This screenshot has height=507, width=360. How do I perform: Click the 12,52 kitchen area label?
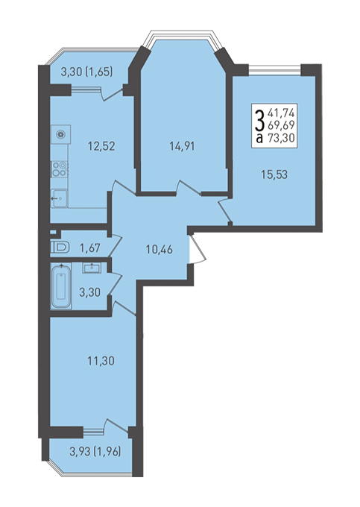coord(101,146)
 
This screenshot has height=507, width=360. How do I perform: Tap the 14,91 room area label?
coord(182,146)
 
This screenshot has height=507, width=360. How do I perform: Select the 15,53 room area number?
coord(274,174)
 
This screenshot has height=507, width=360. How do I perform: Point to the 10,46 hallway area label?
coord(160,249)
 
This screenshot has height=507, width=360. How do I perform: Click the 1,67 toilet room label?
coord(90,248)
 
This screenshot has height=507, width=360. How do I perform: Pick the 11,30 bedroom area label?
coord(101,360)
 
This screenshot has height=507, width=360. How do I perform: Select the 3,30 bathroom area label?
coord(90,292)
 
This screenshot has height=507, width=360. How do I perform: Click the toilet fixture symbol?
coord(60,248)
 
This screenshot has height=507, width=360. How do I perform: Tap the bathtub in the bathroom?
coord(61,286)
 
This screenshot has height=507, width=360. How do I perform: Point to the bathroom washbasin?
coord(92,268)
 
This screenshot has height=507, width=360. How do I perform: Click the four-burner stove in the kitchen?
coord(60,169)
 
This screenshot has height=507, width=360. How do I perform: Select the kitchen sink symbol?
coord(59,198)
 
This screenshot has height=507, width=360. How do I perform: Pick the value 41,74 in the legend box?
coord(281,113)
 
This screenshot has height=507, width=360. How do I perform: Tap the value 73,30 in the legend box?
coord(281,139)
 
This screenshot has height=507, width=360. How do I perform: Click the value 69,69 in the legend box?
coord(281,126)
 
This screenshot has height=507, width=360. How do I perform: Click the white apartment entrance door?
coord(197,248)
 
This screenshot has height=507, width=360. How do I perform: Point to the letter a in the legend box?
coord(259,139)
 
